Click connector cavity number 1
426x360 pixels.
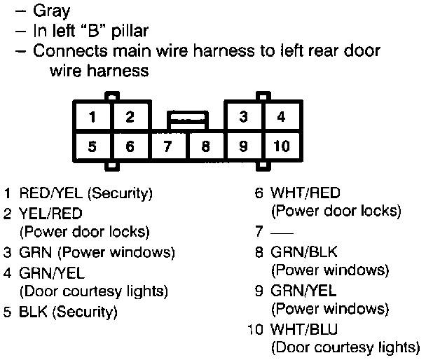[92, 117]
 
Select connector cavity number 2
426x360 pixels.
[129, 117]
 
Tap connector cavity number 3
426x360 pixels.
[243, 117]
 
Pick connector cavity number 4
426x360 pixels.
[281, 117]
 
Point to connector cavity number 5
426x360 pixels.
[92, 147]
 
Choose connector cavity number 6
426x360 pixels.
[129, 147]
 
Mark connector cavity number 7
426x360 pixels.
[167, 147]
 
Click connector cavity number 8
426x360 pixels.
[205, 147]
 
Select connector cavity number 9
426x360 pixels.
[243, 147]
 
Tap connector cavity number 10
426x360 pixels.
[280, 147]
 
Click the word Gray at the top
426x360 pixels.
[52, 11]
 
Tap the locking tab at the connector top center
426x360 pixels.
[186, 118]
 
